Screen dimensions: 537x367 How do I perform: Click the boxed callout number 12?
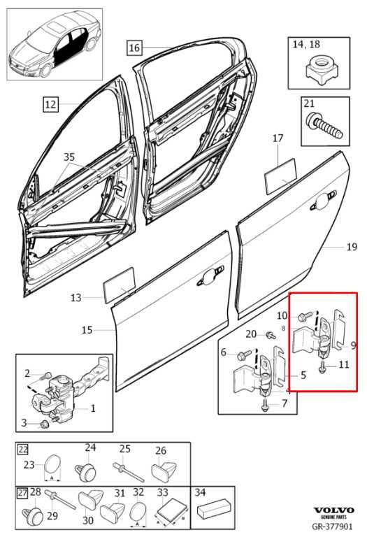50,105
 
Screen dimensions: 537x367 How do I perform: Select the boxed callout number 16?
134,48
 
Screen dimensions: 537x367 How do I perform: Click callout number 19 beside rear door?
352,247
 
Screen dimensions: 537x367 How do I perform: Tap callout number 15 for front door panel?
87,329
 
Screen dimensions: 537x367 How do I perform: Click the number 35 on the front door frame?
69,157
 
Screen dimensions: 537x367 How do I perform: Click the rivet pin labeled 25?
124,466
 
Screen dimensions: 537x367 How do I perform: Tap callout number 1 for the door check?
93,408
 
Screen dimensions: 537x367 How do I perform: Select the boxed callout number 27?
23,494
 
